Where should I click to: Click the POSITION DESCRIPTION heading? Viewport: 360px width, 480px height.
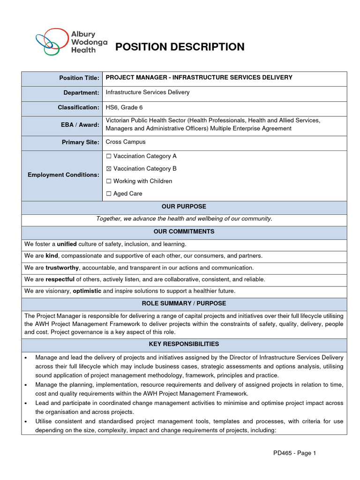(x=180, y=47)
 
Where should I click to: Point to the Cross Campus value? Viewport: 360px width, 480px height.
(x=126, y=142)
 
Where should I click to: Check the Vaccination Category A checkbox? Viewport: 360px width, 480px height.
(x=109, y=157)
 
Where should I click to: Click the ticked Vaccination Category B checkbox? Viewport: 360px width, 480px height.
(x=109, y=169)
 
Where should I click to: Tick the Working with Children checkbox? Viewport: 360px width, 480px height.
(x=109, y=181)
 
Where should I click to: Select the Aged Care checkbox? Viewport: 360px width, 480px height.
(x=109, y=194)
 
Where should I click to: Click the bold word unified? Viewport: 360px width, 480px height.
(x=67, y=244)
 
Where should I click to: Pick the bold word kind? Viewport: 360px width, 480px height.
(x=52, y=256)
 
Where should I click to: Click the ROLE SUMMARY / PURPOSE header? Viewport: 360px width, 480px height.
(x=184, y=304)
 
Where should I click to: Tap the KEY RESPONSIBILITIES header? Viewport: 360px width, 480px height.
(x=184, y=344)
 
